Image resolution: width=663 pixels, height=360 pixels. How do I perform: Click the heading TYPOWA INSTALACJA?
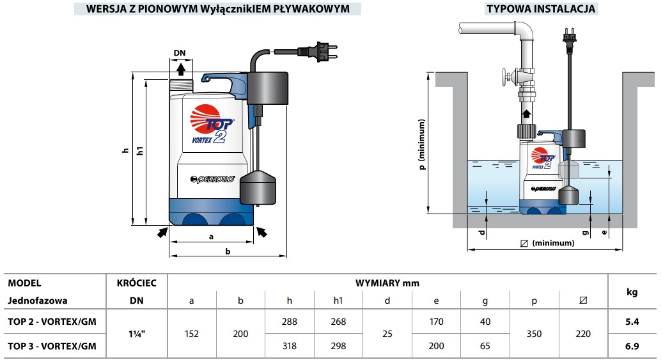click(x=541, y=8)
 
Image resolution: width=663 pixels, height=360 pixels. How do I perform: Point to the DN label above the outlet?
click(x=180, y=53)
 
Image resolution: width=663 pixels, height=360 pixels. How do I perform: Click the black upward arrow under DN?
click(x=181, y=69)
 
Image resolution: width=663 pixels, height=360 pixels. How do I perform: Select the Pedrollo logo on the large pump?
click(x=212, y=180)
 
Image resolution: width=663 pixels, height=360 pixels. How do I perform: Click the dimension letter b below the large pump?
click(x=228, y=251)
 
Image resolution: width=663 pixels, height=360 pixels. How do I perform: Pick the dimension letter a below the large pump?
click(x=211, y=237)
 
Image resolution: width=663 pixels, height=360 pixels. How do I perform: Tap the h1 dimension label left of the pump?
click(x=140, y=151)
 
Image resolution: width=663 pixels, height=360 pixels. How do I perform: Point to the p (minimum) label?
click(x=421, y=145)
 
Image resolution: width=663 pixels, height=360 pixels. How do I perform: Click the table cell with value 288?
click(x=289, y=322)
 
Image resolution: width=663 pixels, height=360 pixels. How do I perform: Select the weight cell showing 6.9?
click(x=632, y=346)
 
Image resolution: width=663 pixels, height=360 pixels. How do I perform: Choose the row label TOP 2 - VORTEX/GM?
click(x=52, y=322)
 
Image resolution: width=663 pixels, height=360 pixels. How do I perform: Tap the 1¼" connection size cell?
click(x=137, y=334)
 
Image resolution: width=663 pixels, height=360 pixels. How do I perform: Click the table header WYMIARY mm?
click(x=387, y=283)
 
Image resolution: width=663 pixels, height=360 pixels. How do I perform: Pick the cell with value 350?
click(x=534, y=334)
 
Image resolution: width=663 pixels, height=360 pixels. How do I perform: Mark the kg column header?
click(x=632, y=292)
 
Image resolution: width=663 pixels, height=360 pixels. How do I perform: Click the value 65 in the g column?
click(x=485, y=346)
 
